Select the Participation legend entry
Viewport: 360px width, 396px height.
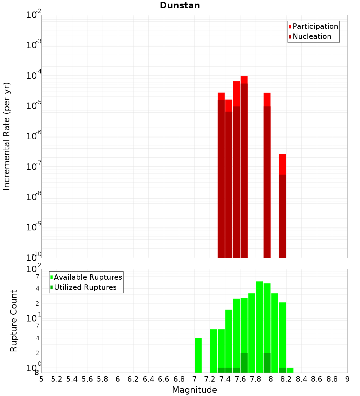(x=315, y=26)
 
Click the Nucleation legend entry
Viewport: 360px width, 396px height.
(x=311, y=36)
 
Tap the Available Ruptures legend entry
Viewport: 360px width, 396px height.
(x=87, y=277)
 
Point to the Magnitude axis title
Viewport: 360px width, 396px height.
(x=194, y=390)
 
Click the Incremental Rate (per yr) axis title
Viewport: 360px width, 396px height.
(x=7, y=136)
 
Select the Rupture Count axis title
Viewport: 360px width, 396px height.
(x=14, y=321)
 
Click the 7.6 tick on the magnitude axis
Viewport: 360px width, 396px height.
(x=240, y=379)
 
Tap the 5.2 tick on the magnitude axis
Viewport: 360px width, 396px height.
(x=57, y=379)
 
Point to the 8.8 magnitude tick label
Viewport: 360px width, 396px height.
(x=332, y=379)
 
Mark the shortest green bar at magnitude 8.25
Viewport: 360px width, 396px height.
(x=290, y=370)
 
